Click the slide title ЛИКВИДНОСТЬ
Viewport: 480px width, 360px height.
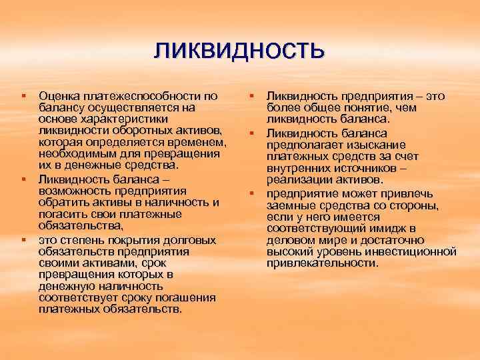point(239,51)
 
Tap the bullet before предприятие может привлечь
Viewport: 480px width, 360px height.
point(251,193)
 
